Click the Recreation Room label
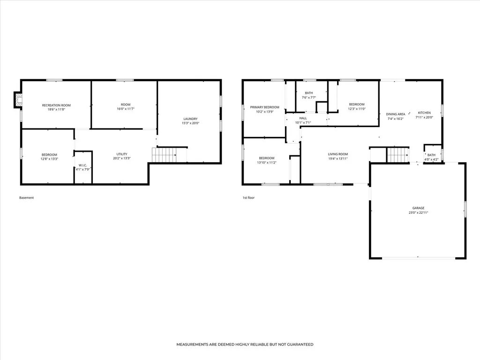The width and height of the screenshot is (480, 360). click(x=56, y=105)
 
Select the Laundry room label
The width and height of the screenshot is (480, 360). click(x=190, y=119)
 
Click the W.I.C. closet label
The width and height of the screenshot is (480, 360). click(x=82, y=165)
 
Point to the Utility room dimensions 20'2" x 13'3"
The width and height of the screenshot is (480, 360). click(x=122, y=158)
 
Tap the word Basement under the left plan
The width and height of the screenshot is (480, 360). click(x=27, y=198)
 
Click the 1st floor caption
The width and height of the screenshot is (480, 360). click(x=248, y=198)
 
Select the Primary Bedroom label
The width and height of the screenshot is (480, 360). click(x=265, y=107)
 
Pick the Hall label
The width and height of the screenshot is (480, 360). click(x=303, y=118)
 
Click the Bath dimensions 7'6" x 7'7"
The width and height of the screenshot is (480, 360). click(x=309, y=97)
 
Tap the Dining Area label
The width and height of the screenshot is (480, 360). click(x=396, y=114)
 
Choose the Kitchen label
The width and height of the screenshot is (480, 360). click(x=424, y=112)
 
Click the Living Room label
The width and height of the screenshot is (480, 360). click(x=338, y=154)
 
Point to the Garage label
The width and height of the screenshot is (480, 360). click(x=418, y=208)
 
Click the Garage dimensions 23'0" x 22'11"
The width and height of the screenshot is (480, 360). click(x=418, y=212)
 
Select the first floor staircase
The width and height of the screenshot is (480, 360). click(x=398, y=155)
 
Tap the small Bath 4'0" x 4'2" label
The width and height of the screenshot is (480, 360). click(x=431, y=157)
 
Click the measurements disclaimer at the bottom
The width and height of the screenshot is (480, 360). click(x=245, y=345)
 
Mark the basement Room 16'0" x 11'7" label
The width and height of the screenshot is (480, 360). click(x=126, y=106)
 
